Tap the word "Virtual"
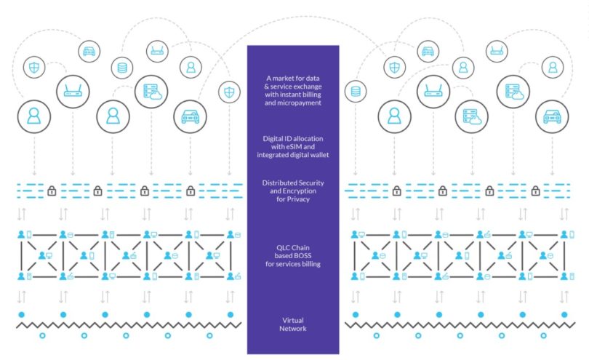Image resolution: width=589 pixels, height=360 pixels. [x=293, y=320]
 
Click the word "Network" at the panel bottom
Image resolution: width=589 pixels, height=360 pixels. [x=293, y=329]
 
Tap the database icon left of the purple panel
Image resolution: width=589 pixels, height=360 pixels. [x=121, y=68]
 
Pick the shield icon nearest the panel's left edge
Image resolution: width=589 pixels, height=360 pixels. [x=230, y=92]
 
